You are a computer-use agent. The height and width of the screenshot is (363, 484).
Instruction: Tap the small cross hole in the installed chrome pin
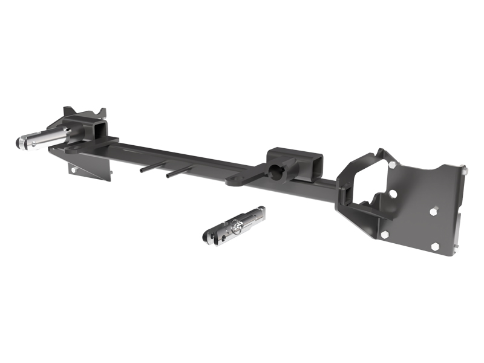click(38, 137)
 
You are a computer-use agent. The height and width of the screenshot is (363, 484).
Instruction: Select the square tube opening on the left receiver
click(99, 129)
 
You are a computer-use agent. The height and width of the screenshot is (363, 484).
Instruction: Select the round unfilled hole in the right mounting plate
click(393, 194)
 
